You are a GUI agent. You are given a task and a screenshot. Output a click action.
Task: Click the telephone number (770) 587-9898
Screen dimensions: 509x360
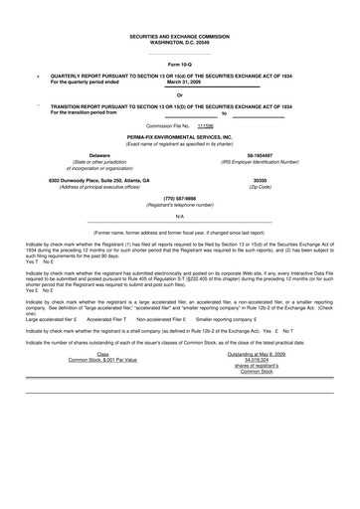point(179,198)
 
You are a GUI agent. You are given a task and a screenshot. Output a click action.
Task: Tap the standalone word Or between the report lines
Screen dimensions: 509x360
point(180,94)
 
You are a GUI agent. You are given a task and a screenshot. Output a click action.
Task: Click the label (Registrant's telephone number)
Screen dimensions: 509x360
point(179,205)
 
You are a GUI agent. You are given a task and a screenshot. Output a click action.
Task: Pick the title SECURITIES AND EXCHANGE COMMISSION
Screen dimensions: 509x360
point(180,35)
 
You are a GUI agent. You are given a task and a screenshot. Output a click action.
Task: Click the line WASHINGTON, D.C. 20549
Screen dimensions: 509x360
point(180,41)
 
